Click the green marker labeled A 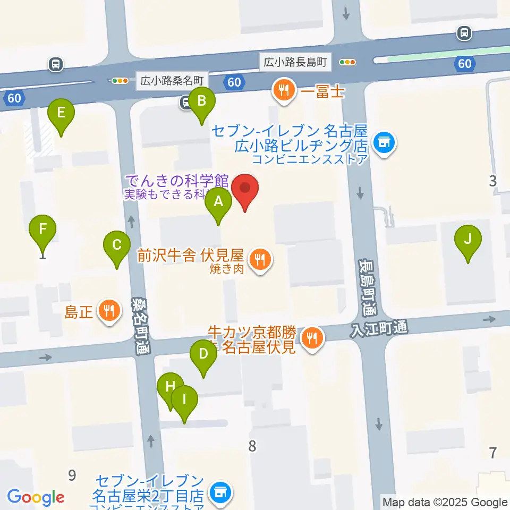(218, 202)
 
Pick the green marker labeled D (203, 355)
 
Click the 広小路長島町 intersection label (295, 62)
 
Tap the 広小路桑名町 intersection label (172, 81)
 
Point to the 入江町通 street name (379, 328)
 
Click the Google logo (36, 497)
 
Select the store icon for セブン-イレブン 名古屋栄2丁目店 (219, 493)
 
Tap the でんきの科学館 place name (177, 181)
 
